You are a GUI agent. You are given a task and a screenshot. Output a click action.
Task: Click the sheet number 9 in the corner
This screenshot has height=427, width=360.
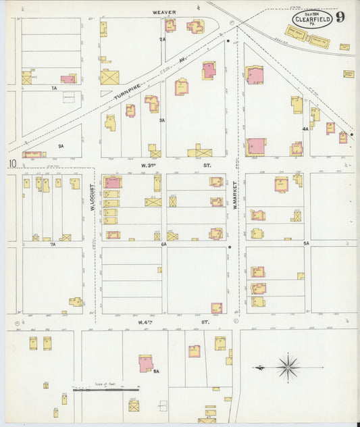point(340,17)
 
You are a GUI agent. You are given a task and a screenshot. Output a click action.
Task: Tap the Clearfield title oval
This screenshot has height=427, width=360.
point(312,18)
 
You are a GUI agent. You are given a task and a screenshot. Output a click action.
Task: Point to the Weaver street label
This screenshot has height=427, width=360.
point(163,12)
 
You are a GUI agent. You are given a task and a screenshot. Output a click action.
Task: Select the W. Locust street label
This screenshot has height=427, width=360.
point(93,198)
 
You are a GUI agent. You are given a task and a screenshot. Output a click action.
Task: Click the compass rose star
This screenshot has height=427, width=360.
point(288,368)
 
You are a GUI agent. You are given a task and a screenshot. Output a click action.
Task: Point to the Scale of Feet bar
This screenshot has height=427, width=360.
point(106,389)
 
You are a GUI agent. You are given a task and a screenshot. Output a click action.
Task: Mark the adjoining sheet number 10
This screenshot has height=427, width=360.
point(12,164)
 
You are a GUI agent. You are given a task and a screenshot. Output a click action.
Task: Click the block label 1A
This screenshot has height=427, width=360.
point(53,88)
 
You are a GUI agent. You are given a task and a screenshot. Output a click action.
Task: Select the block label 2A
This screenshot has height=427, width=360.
point(162,40)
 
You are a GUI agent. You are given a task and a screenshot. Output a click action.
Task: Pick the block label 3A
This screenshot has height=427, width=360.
point(162,120)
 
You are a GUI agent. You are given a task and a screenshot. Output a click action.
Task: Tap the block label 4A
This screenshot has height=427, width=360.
point(305,128)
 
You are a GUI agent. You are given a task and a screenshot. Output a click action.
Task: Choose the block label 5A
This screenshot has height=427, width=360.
point(305,243)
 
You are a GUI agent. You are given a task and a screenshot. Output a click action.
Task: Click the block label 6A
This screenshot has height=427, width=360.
point(163,243)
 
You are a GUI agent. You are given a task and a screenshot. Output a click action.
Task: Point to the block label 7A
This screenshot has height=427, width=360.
point(53,244)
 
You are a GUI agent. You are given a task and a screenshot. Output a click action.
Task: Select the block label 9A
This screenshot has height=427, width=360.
point(61,146)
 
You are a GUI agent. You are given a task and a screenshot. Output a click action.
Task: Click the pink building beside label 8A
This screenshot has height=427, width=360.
point(145,363)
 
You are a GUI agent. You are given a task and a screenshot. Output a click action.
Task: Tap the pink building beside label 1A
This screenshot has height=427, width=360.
point(68,79)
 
